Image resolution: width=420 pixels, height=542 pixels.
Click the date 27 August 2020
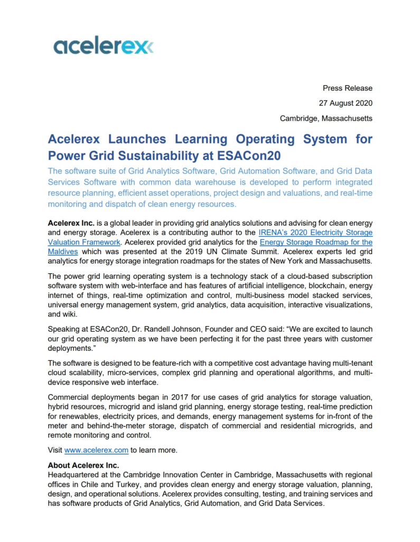click(x=346, y=103)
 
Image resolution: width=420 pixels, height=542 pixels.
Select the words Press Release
click(x=348, y=88)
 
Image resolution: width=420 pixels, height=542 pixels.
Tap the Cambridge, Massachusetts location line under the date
click(x=326, y=119)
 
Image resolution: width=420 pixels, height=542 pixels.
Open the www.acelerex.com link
click(x=96, y=450)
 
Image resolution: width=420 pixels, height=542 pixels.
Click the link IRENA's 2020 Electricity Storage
click(x=315, y=232)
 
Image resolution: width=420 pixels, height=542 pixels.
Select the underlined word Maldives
click(x=63, y=251)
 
